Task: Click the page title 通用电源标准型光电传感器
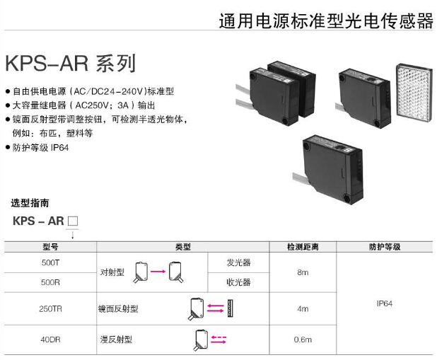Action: (x=327, y=21)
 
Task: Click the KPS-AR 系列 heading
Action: (x=69, y=64)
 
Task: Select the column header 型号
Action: (x=50, y=247)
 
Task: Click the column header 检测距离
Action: (x=302, y=247)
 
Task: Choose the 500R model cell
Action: (x=50, y=281)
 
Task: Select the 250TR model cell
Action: (x=50, y=308)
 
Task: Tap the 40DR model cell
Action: (x=50, y=339)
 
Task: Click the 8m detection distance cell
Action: (x=302, y=272)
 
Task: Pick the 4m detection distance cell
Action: (x=302, y=308)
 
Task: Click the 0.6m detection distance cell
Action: (x=302, y=339)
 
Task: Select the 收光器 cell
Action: (x=238, y=281)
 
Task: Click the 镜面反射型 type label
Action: (x=118, y=308)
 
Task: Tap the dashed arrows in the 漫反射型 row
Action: (x=218, y=339)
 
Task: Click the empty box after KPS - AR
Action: (x=72, y=221)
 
